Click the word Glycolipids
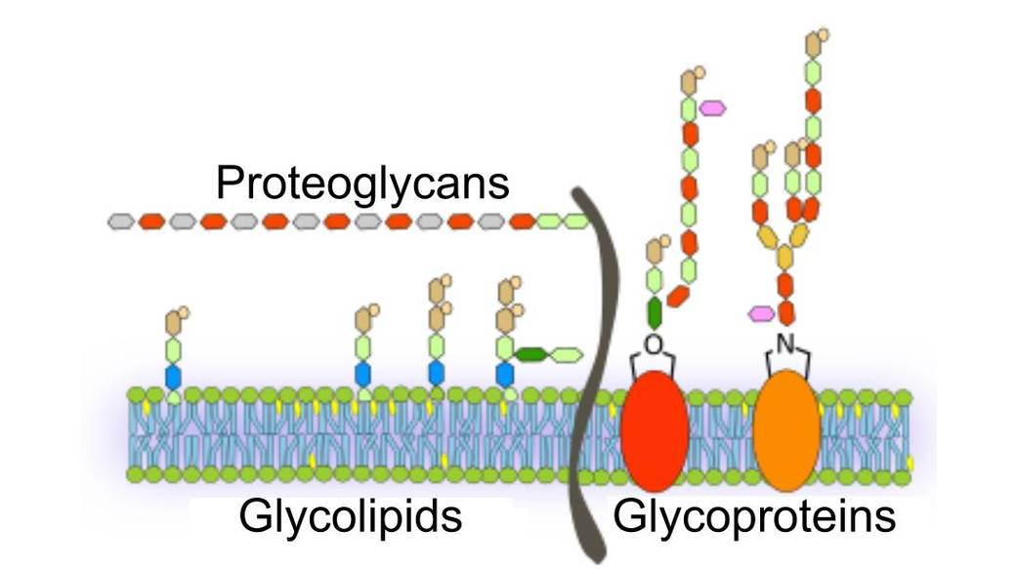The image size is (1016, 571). pos(349,516)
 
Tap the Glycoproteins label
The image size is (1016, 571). pos(753,516)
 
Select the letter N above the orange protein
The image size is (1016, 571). pos(785,342)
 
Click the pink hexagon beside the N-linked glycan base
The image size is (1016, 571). pos(760,313)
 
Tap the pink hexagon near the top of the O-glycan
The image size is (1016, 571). pos(712,106)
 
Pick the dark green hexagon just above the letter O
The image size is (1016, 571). pos(654,312)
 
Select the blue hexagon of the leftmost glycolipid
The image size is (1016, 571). pos(173,376)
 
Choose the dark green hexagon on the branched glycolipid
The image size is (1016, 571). pos(530,354)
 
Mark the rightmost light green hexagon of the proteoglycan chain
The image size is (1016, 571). pos(575,222)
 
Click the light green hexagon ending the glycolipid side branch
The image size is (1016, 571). pos(567,354)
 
